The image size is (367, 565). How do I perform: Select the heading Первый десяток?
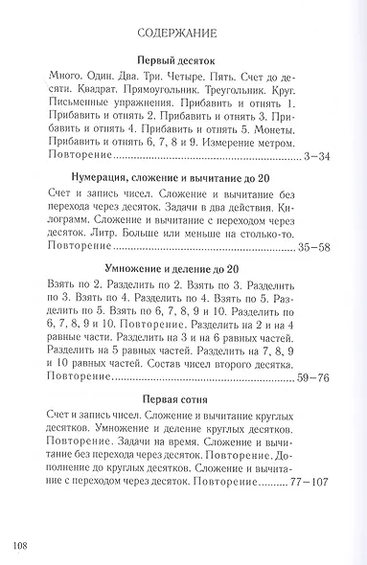[183, 59]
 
